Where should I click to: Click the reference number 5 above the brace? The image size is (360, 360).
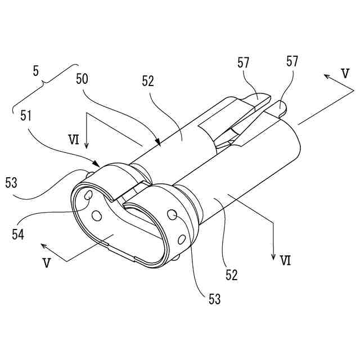(x=36, y=72)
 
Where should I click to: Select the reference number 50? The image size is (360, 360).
(x=82, y=79)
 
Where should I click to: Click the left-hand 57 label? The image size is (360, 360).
(x=244, y=64)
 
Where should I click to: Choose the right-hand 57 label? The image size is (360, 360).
(x=292, y=60)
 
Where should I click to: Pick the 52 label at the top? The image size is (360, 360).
(x=148, y=81)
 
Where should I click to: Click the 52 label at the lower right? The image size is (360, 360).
(x=232, y=275)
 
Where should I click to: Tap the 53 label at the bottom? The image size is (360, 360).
(x=214, y=298)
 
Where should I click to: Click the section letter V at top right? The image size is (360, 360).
(x=346, y=73)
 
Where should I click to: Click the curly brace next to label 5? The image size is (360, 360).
(x=44, y=90)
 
